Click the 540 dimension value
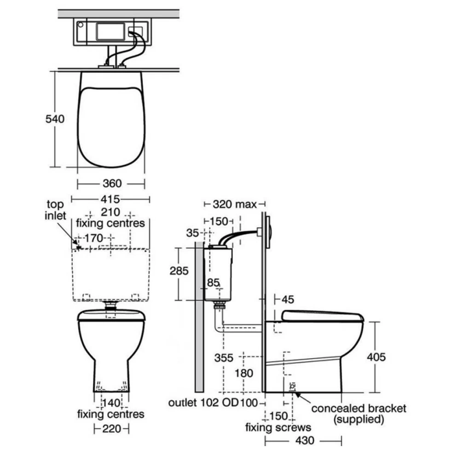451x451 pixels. pos(55,119)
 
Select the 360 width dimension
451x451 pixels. pos(112,183)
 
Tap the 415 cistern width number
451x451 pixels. pos(110,199)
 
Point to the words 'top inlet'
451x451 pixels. pos(55,210)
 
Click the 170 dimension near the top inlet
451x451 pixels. pos(94,238)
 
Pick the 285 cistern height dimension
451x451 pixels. pos(179,271)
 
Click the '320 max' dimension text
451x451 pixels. pos(235,204)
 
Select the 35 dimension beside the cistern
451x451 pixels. pos(192,233)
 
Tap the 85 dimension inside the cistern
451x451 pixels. pos(214,283)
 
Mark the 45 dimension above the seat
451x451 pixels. pos(288,300)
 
